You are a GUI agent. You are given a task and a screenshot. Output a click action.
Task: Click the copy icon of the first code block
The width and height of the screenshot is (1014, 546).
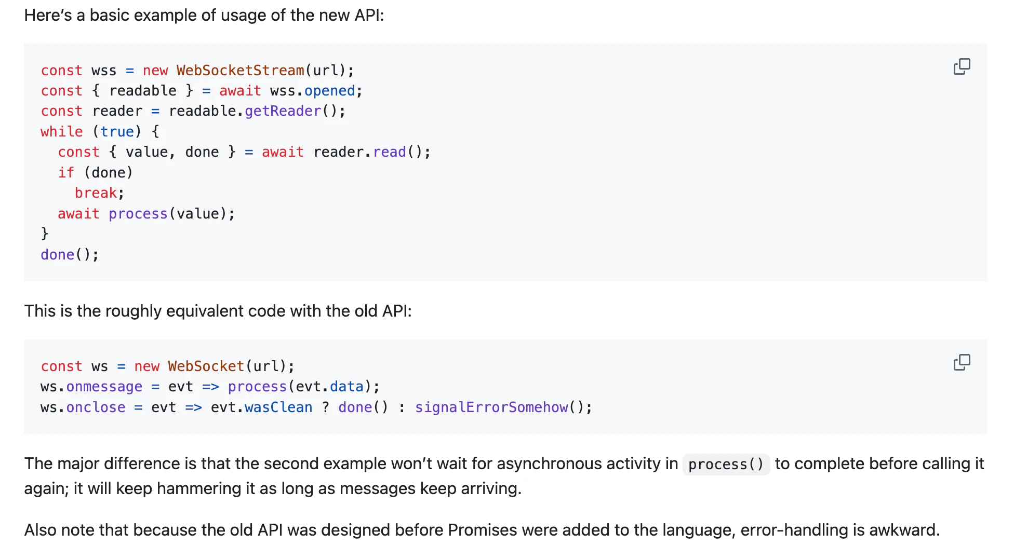pos(962,66)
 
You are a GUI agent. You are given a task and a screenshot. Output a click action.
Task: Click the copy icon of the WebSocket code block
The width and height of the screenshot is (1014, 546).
pos(962,362)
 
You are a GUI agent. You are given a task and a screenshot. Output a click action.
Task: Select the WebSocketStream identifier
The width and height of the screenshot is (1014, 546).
pos(241,70)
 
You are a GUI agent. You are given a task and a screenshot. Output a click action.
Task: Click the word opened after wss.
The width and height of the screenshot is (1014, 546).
pos(330,91)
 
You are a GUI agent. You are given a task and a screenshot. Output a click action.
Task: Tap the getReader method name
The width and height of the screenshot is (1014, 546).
pos(283,111)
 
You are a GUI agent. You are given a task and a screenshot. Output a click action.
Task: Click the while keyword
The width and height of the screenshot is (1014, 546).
pos(62,132)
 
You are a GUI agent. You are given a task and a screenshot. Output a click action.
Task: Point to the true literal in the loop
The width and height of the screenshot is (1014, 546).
pos(117,132)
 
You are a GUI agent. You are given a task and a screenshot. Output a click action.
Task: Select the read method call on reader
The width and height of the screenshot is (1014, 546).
pos(390,152)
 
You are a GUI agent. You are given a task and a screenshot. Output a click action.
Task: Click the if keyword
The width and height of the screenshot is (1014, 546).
pos(66,172)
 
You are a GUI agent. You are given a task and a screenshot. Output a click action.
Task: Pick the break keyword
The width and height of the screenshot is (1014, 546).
pos(96,193)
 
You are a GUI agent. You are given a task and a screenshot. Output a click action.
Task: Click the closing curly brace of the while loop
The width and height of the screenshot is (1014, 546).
pos(45,234)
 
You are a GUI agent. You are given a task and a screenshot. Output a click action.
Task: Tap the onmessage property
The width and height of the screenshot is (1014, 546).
pos(104,387)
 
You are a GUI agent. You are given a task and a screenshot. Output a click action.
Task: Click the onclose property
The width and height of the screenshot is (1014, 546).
pos(96,407)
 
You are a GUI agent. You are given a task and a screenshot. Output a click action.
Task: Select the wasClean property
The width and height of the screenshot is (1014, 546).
pos(279,407)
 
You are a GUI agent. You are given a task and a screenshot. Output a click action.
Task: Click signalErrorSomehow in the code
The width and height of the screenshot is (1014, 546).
pos(491,407)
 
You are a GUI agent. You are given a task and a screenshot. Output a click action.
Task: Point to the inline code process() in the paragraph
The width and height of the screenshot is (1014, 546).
pos(726,464)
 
